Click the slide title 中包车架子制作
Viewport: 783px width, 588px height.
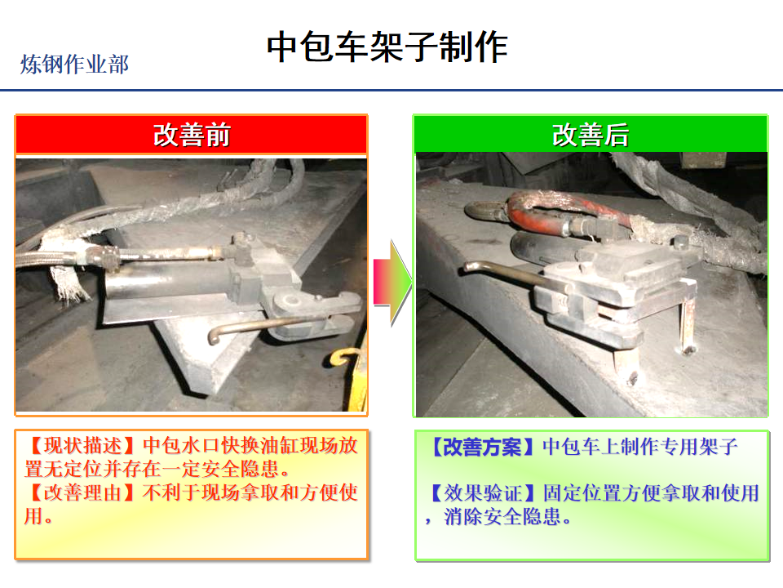(387, 47)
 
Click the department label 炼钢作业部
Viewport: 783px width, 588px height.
(74, 65)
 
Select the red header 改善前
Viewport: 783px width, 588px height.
(191, 135)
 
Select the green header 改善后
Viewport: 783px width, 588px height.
(591, 135)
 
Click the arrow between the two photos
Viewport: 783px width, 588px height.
(392, 283)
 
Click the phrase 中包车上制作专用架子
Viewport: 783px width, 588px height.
(640, 447)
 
